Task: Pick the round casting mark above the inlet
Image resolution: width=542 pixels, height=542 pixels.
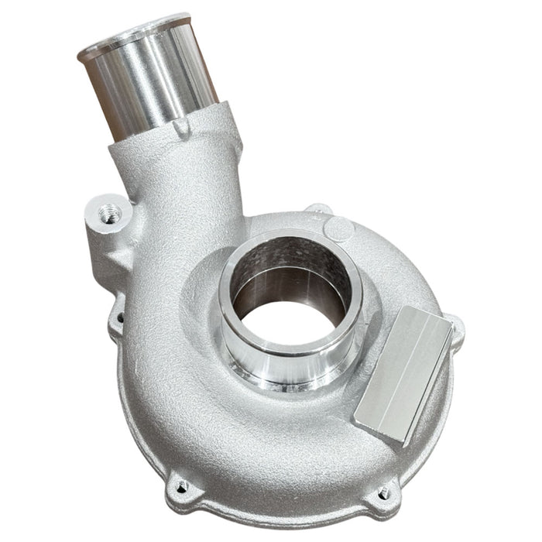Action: tap(338, 228)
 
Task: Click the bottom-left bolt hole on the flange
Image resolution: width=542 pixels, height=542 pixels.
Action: tap(181, 486)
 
